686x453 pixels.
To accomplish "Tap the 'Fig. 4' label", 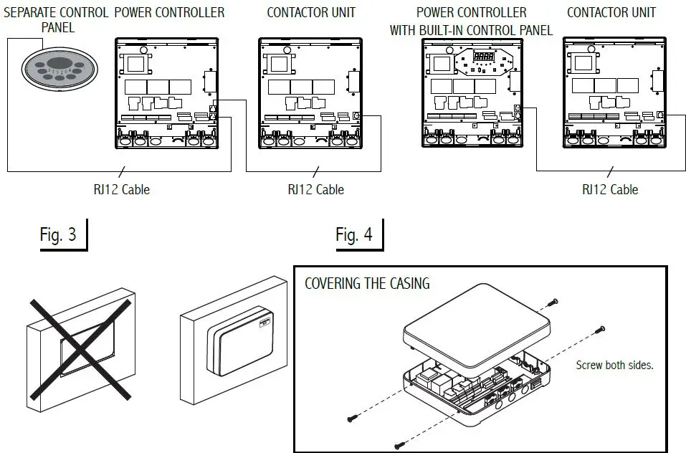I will click(354, 235).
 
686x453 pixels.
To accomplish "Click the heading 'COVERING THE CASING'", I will click(367, 283).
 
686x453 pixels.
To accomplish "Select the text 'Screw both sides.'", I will click(614, 365).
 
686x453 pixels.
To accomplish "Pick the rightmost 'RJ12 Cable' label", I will click(609, 190).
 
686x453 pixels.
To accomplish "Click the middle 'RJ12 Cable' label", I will click(315, 190).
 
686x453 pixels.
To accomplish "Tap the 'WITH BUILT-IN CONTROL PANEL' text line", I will click(471, 30).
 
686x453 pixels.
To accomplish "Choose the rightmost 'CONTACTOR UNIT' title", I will click(611, 12).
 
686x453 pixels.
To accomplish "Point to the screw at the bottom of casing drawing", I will click(399, 446).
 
